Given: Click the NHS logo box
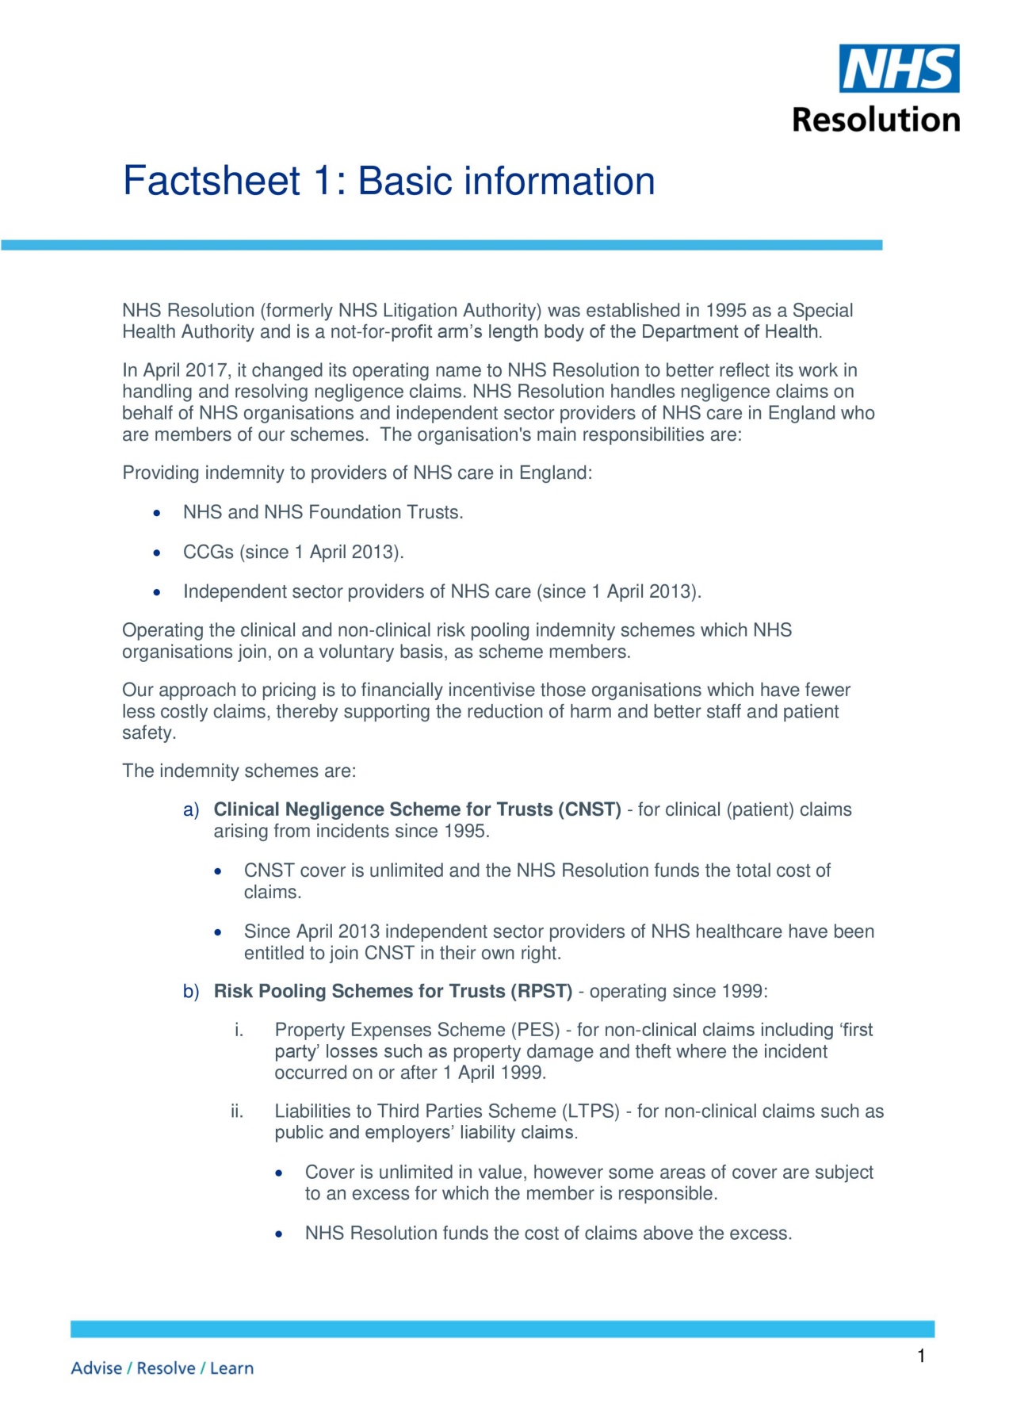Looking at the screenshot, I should pyautogui.click(x=899, y=68).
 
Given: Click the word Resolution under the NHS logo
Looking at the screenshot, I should pyautogui.click(x=876, y=120).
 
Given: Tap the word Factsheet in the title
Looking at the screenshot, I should pyautogui.click(x=211, y=181).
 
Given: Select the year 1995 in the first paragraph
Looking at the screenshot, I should pyautogui.click(x=726, y=311).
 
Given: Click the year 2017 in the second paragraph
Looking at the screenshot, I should pyautogui.click(x=205, y=370).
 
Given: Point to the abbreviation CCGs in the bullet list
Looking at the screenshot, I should pyautogui.click(x=208, y=552).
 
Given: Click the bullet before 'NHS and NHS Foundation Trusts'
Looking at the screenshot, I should pyautogui.click(x=158, y=514).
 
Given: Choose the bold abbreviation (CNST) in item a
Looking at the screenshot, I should pyautogui.click(x=590, y=809).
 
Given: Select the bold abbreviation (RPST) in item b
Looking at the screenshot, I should pyautogui.click(x=541, y=991).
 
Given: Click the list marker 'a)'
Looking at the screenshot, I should pyautogui.click(x=191, y=809).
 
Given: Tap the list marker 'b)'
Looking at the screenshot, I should pyautogui.click(x=191, y=991).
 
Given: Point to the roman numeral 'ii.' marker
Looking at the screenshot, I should pyautogui.click(x=237, y=1111).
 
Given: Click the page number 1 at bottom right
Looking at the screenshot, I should pyautogui.click(x=921, y=1356).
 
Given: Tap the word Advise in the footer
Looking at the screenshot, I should pyautogui.click(x=96, y=1368).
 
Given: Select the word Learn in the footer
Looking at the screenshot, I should pyautogui.click(x=231, y=1368).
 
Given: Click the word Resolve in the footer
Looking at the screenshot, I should pyautogui.click(x=166, y=1368).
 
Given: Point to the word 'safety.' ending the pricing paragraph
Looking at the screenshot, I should pyautogui.click(x=149, y=733).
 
